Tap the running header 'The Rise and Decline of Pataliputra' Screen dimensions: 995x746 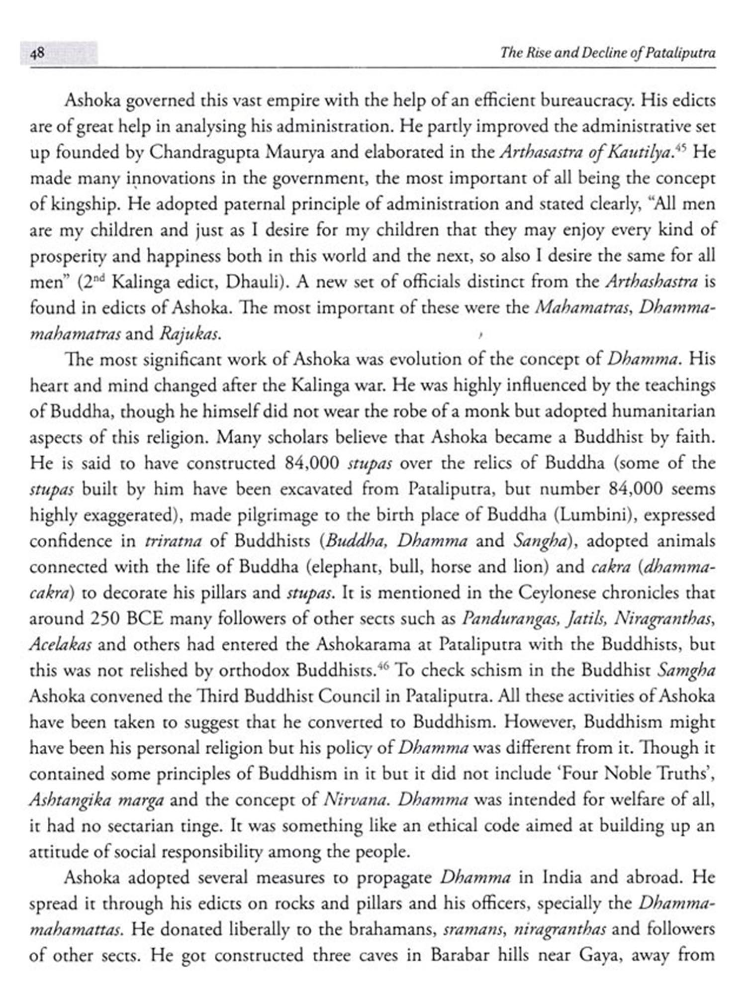click(x=608, y=53)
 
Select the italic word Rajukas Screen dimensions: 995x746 click(x=189, y=334)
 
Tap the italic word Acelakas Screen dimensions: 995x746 click(x=60, y=645)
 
